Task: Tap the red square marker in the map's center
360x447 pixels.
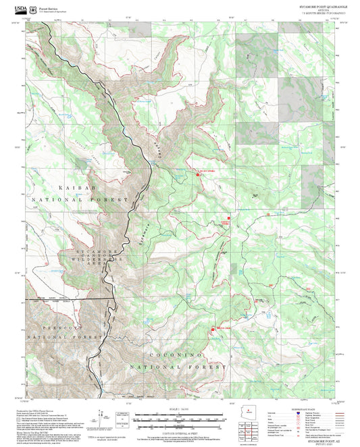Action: click(229, 218)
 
